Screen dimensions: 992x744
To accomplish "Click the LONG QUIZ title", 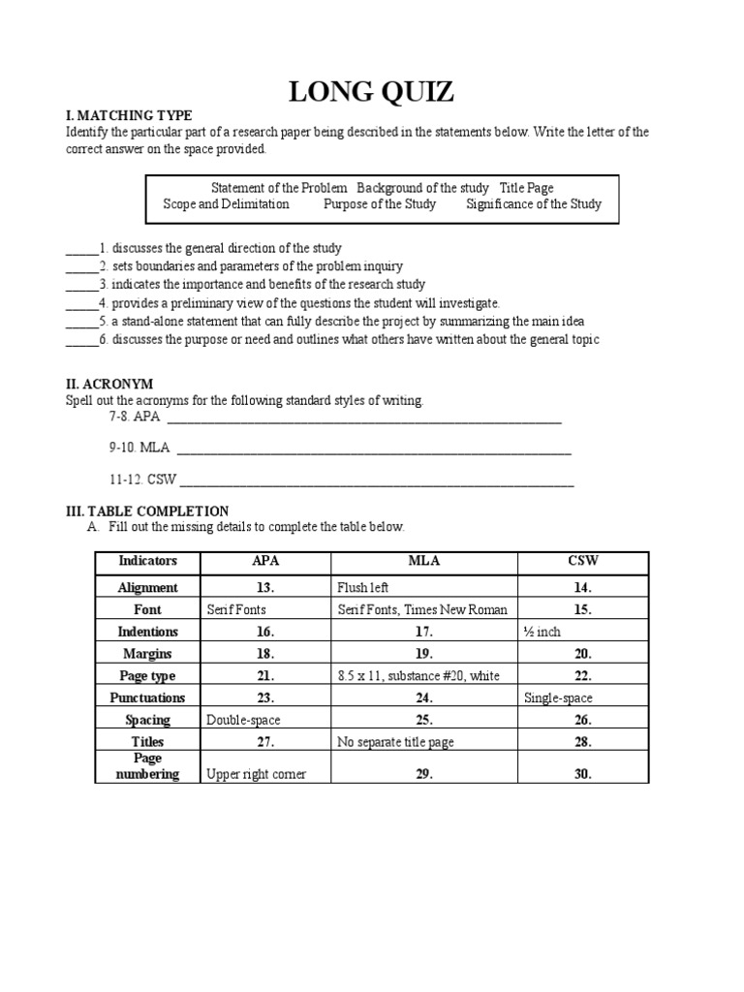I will click(372, 92).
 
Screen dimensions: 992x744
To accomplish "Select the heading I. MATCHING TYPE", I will click(129, 116).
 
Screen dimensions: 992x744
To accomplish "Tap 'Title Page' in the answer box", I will click(526, 188).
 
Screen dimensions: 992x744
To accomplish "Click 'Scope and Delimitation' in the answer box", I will click(226, 204).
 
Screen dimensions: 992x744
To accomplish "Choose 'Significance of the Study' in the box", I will click(533, 204).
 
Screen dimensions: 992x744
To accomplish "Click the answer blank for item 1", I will click(81, 249).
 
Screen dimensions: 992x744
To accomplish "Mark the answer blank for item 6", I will click(81, 340).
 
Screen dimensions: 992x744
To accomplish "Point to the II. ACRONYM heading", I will click(109, 385).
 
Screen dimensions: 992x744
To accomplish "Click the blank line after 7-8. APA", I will click(364, 420).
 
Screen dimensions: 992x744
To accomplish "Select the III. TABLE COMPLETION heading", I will click(147, 511).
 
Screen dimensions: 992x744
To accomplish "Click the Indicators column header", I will click(148, 562).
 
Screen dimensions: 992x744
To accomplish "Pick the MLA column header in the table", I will click(424, 562).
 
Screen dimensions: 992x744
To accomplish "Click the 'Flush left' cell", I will click(363, 587).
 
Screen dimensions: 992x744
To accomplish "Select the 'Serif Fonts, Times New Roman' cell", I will click(422, 609).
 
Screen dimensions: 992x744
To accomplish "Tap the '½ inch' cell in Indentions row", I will click(542, 632).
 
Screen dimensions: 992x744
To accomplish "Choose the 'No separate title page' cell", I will click(396, 742).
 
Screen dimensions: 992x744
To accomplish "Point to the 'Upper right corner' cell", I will click(256, 774).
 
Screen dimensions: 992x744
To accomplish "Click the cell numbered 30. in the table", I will click(583, 774).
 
